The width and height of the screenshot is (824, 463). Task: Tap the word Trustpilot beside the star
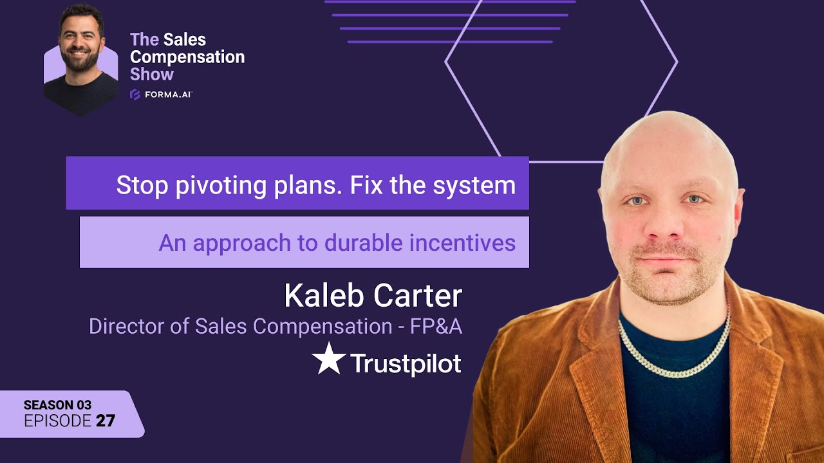pyautogui.click(x=406, y=364)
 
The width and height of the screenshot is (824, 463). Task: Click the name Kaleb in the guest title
pyautogui.click(x=324, y=296)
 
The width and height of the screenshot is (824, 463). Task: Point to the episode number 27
pyautogui.click(x=106, y=421)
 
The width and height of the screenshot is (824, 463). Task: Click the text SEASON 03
pyautogui.click(x=57, y=405)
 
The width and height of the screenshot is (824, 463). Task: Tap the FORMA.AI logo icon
pyautogui.click(x=135, y=95)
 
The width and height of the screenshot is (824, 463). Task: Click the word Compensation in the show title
pyautogui.click(x=187, y=57)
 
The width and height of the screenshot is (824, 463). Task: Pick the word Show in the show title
pyautogui.click(x=152, y=74)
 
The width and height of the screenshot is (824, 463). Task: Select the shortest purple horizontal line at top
pyautogui.click(x=450, y=42)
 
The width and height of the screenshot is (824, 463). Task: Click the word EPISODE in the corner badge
pyautogui.click(x=57, y=421)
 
